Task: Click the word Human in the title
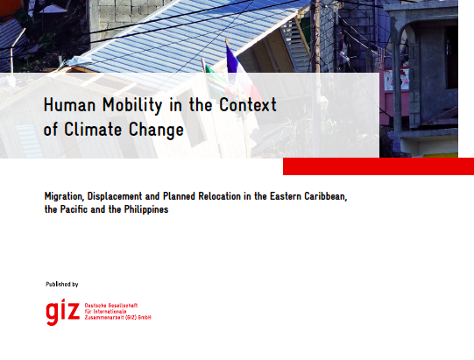[70, 104]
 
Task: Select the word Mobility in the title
[132, 105]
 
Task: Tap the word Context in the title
[248, 104]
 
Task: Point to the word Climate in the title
[93, 130]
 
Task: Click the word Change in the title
[156, 131]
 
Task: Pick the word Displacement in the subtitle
[115, 197]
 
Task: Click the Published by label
[62, 284]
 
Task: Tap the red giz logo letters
[62, 312]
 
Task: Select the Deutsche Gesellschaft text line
[111, 306]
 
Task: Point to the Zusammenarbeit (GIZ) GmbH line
[117, 318]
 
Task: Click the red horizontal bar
[378, 166]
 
